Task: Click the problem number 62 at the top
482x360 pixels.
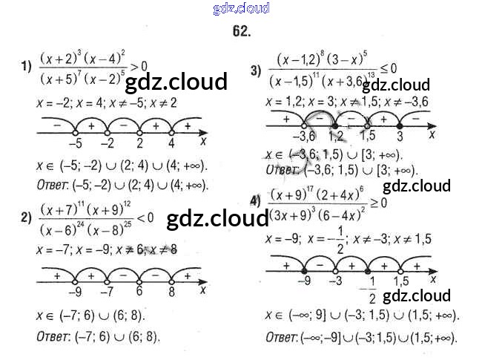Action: (x=241, y=31)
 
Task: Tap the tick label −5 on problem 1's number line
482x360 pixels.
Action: (x=76, y=143)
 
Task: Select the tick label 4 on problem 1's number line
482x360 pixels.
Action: (x=171, y=143)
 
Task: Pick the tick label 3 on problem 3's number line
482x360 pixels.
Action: (x=400, y=138)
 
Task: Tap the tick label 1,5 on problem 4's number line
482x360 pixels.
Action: (x=400, y=281)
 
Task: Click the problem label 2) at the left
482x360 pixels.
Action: (x=27, y=217)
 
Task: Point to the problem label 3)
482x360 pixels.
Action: (x=256, y=71)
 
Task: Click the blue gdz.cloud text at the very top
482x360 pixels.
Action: (x=240, y=9)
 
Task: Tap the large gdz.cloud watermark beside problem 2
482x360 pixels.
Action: (x=217, y=219)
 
